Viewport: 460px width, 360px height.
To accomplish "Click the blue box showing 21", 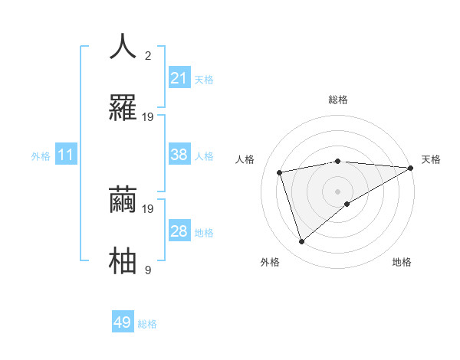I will point(179,78).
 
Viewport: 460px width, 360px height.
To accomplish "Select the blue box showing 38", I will point(179,155).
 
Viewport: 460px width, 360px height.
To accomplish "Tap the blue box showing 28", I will point(179,231).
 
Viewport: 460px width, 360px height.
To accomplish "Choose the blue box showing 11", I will point(65,155).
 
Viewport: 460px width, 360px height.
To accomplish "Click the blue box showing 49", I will point(123,322).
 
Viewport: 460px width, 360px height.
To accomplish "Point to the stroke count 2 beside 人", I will point(149,55).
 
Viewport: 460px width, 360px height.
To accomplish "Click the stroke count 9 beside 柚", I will point(148,270).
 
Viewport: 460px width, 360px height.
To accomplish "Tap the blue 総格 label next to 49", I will point(147,324).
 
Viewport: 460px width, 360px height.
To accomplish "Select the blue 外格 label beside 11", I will point(41,156).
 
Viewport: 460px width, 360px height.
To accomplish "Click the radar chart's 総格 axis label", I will point(338,100).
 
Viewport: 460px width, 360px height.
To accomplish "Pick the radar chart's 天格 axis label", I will point(432,159).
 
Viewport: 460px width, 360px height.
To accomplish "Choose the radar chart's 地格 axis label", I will point(402,262).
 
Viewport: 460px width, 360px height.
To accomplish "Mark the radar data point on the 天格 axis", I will point(411,168).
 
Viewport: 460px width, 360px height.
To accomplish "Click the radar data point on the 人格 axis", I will point(280,172).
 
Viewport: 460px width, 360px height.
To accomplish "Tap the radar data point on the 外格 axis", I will point(302,242).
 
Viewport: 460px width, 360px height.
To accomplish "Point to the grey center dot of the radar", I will point(338,191).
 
